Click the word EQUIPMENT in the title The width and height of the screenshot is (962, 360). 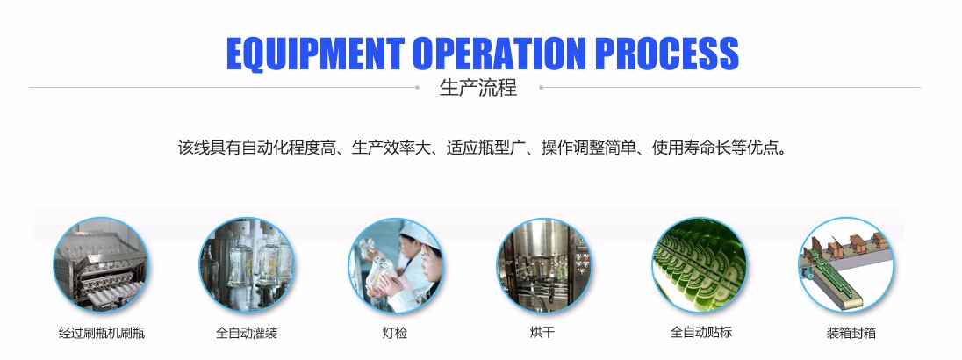pyautogui.click(x=315, y=54)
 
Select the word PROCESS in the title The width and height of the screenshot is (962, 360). pyautogui.click(x=667, y=54)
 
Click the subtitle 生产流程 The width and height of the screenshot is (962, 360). pyautogui.click(x=478, y=88)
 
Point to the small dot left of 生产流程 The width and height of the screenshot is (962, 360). pyautogui.click(x=417, y=87)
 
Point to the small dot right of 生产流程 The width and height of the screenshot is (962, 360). pyautogui.click(x=541, y=87)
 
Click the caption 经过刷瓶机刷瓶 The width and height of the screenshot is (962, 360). pyautogui.click(x=102, y=333)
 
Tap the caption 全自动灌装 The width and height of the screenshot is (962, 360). pyautogui.click(x=247, y=333)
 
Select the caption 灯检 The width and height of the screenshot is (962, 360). pyautogui.click(x=394, y=333)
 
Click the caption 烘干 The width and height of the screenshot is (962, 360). pyautogui.click(x=542, y=333)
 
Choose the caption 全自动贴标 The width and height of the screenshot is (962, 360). pyautogui.click(x=701, y=333)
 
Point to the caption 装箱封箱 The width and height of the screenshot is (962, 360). pyautogui.click(x=851, y=333)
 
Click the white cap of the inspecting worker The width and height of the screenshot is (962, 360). pyautogui.click(x=420, y=234)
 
